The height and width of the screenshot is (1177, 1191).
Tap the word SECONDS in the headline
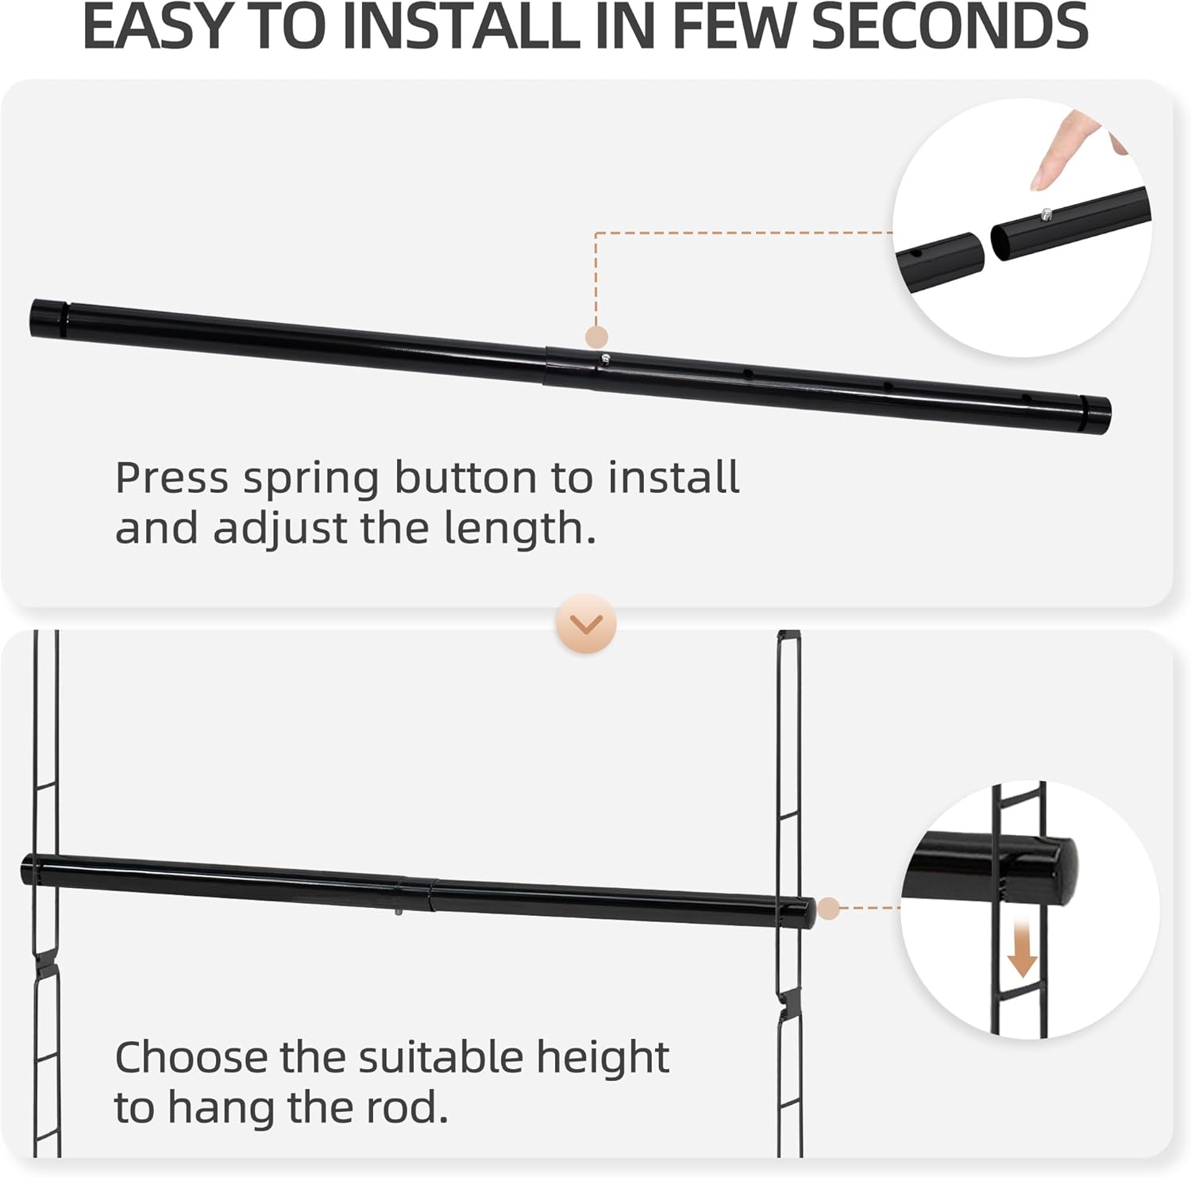tap(950, 25)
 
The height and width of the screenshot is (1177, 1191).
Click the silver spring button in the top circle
tap(1046, 213)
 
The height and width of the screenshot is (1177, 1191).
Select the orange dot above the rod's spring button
tap(596, 337)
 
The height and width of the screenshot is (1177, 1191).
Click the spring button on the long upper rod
tap(605, 358)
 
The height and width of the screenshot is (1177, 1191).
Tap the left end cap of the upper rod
tap(48, 317)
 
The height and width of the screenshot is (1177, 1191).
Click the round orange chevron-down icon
tap(587, 624)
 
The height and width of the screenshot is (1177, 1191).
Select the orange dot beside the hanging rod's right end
tap(828, 908)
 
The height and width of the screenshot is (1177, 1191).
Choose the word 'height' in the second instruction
tap(603, 1059)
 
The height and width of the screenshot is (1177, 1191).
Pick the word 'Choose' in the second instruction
tap(191, 1057)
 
